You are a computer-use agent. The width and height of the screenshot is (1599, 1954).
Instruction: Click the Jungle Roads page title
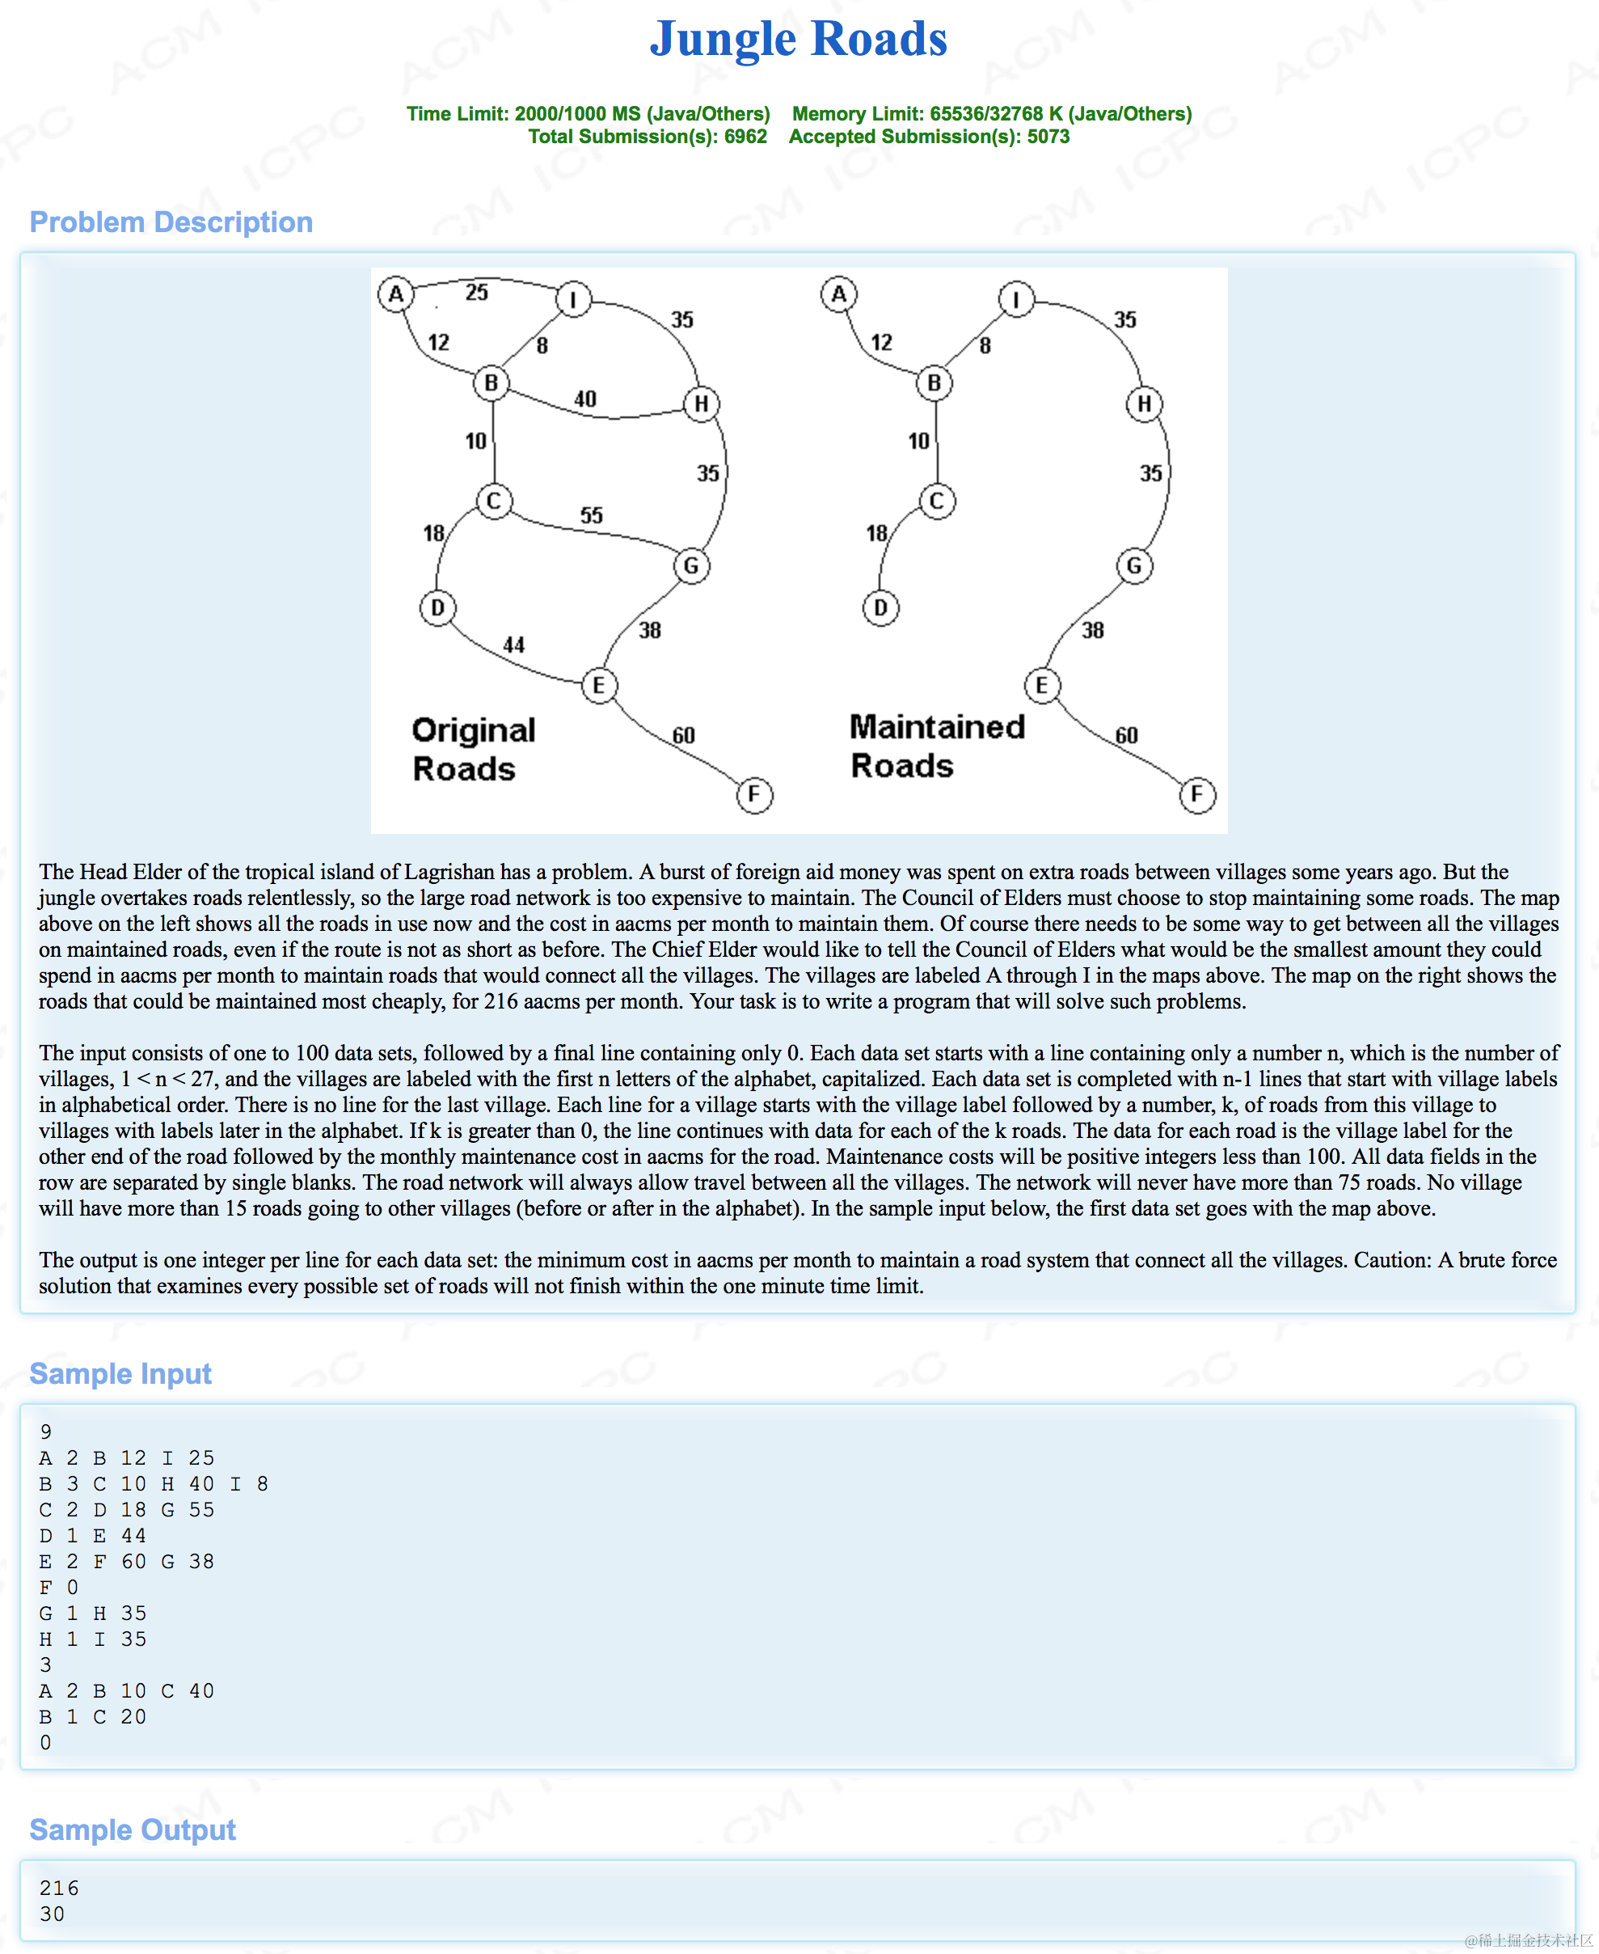(x=798, y=39)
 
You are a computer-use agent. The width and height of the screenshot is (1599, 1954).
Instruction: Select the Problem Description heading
(x=171, y=222)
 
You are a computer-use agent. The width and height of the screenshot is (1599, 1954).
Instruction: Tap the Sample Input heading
(x=120, y=1373)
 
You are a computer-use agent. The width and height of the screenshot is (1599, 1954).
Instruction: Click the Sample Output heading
(x=133, y=1829)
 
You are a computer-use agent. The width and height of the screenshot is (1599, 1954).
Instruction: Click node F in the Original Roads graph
(x=754, y=794)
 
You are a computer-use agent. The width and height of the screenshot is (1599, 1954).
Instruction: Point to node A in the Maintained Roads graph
(x=838, y=295)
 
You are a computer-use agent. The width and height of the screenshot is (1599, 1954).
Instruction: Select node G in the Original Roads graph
(x=691, y=565)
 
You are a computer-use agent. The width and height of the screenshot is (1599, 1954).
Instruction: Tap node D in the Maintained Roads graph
(x=880, y=608)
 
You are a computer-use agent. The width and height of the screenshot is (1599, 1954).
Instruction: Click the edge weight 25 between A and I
(x=476, y=293)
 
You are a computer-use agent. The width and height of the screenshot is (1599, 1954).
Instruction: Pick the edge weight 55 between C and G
(x=591, y=516)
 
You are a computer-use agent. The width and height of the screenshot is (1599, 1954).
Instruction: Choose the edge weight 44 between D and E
(x=514, y=645)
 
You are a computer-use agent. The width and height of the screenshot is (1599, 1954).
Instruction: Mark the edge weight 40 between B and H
(x=585, y=399)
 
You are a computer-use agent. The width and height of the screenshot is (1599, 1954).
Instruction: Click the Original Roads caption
(x=473, y=749)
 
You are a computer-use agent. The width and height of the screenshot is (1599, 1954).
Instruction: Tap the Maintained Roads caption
(x=936, y=746)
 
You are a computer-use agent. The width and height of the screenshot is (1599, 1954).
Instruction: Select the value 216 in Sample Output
(x=59, y=1888)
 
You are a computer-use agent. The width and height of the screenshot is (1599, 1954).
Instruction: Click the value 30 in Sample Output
(x=53, y=1914)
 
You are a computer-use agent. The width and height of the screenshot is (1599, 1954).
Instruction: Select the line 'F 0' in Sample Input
(x=59, y=1588)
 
